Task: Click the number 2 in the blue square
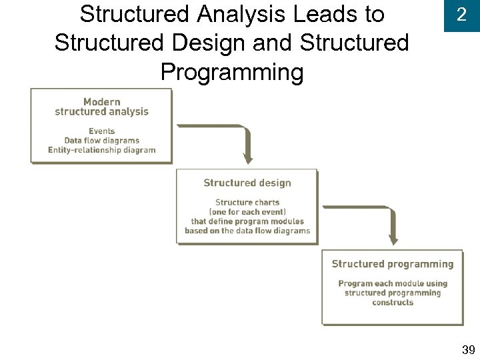pyautogui.click(x=461, y=15)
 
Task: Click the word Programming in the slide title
pyautogui.click(x=231, y=72)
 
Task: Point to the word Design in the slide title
pyautogui.click(x=214, y=43)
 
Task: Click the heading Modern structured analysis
pyautogui.click(x=101, y=107)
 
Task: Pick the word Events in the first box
pyautogui.click(x=101, y=131)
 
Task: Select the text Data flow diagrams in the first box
pyautogui.click(x=101, y=141)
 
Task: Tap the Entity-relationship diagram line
pyautogui.click(x=101, y=150)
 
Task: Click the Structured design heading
pyautogui.click(x=247, y=183)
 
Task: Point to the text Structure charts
pyautogui.click(x=247, y=202)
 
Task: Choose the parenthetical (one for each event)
pyautogui.click(x=247, y=211)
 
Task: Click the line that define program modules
pyautogui.click(x=247, y=221)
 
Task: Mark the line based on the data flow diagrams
pyautogui.click(x=247, y=231)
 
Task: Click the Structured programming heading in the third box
pyautogui.click(x=392, y=264)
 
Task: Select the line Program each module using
pyautogui.click(x=392, y=283)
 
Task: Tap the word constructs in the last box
pyautogui.click(x=392, y=302)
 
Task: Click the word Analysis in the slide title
pyautogui.click(x=241, y=14)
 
